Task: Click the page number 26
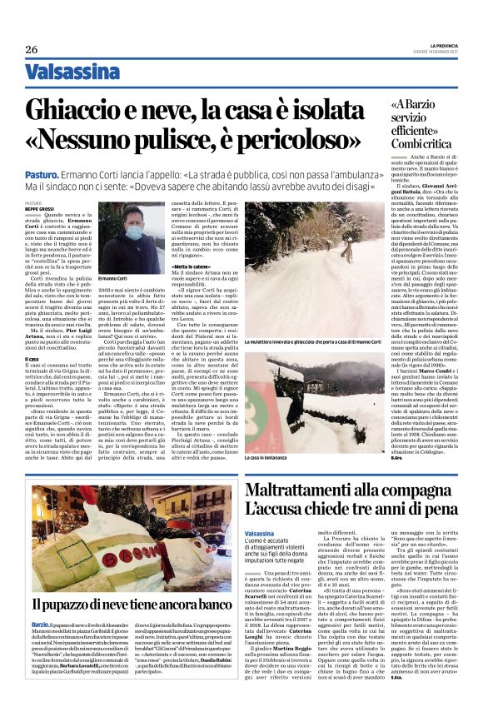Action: (31, 49)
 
